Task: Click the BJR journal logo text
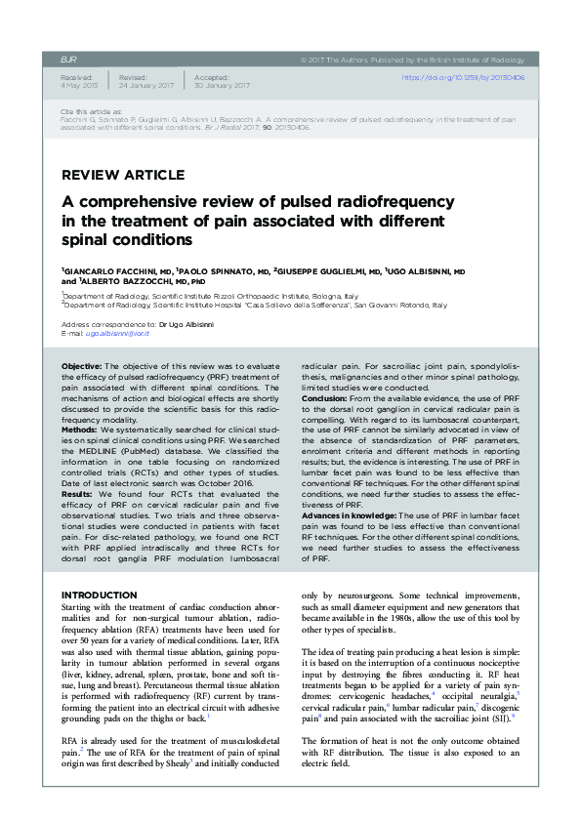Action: (x=69, y=59)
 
